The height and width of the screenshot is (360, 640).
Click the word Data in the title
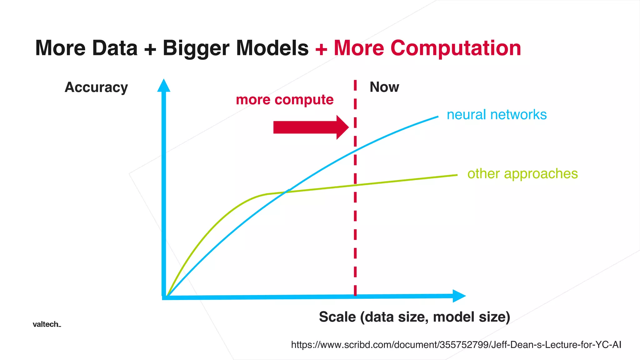click(x=115, y=48)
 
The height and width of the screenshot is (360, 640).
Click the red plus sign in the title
click(x=321, y=49)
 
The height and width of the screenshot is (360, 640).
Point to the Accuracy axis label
click(x=96, y=87)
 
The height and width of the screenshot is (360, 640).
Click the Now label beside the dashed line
click(x=384, y=87)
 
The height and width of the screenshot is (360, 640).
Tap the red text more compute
click(x=285, y=100)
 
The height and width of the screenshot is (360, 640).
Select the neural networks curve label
click(x=497, y=115)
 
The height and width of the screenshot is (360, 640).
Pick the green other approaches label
click(x=522, y=174)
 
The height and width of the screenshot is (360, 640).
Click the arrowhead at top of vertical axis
click(x=164, y=85)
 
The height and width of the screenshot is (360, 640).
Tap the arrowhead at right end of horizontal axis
click(x=458, y=296)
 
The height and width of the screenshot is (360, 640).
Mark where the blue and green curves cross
click(x=286, y=192)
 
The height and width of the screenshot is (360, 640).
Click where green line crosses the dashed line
click(x=355, y=185)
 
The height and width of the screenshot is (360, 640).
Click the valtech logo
click(x=47, y=324)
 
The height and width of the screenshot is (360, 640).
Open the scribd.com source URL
click(x=456, y=345)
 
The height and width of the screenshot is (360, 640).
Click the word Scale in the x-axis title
click(x=337, y=317)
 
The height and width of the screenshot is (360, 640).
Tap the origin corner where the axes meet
click(x=164, y=297)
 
